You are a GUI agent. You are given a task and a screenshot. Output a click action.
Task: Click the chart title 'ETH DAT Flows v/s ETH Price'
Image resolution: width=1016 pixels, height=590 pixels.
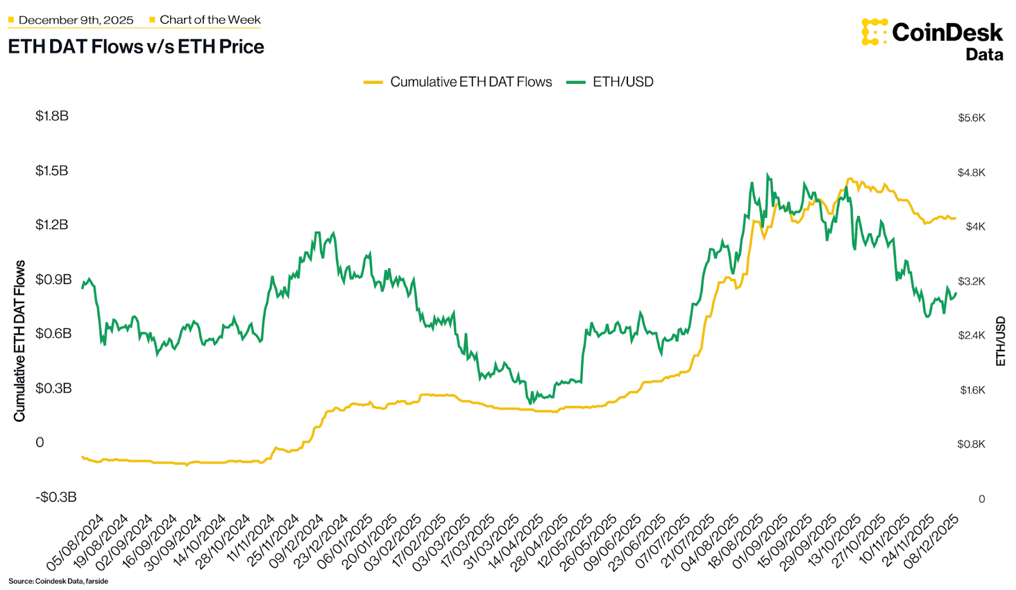pos(136,47)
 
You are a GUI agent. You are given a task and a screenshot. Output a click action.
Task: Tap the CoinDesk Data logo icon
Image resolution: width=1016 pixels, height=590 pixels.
pos(874,32)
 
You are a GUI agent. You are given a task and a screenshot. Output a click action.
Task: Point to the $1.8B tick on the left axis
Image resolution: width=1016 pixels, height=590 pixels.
pos(52,116)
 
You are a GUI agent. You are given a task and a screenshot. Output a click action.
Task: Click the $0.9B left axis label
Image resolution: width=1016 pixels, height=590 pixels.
pos(53,279)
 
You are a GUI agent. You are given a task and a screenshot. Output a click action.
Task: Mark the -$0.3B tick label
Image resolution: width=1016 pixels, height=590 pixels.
pos(56,497)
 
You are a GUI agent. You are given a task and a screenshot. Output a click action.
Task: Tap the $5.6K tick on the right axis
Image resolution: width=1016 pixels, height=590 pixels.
pos(972,117)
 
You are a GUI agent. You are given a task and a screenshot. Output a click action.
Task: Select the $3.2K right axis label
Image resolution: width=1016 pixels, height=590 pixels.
pos(972,281)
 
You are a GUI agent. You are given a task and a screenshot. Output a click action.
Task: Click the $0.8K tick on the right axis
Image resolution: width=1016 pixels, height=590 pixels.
pos(972,444)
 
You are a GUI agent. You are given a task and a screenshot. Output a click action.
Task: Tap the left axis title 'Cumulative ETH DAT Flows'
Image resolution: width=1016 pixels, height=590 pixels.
pos(20,340)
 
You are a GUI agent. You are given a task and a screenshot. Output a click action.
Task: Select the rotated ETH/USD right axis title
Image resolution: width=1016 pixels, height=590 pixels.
pos(1001,341)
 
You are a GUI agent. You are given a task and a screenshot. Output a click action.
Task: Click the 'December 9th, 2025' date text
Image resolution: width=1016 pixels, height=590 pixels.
pos(76,20)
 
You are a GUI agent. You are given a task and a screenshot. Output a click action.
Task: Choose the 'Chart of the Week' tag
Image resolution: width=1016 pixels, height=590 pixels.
pos(210,20)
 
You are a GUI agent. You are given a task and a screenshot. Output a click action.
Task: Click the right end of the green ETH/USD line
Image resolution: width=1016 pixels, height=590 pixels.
pos(956,293)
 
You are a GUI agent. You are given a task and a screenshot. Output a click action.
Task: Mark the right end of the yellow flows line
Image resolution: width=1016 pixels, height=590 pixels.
pos(955,218)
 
